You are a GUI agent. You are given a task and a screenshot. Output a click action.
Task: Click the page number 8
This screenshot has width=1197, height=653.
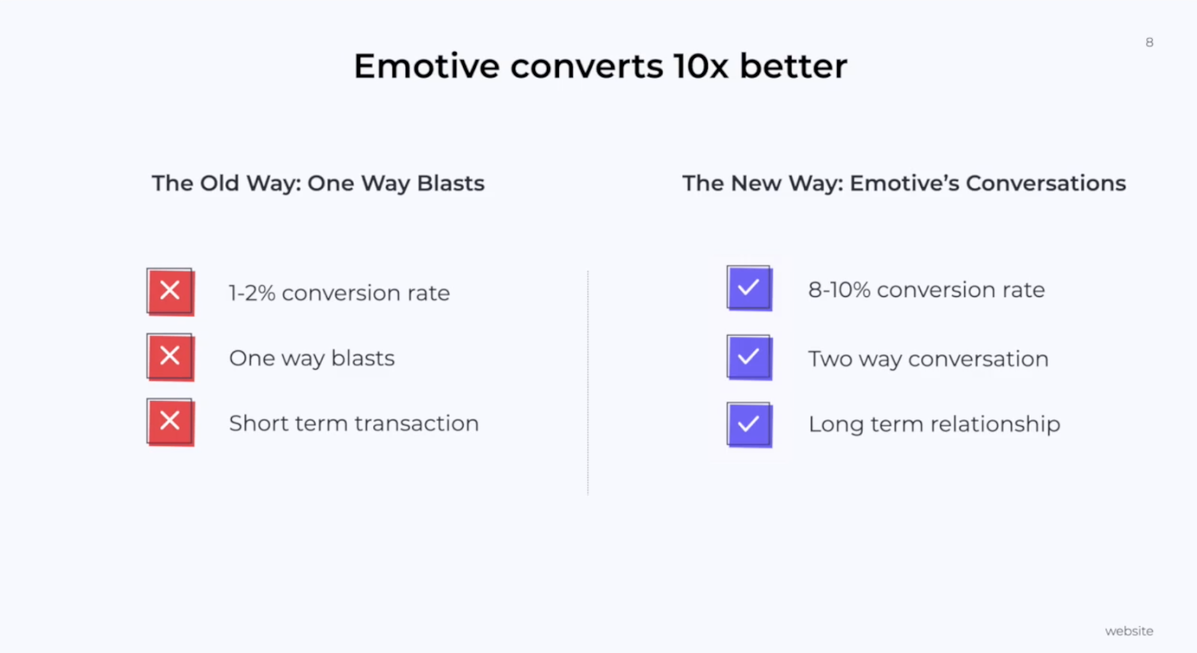click(1149, 42)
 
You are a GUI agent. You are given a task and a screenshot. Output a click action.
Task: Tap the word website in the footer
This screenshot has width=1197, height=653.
click(1129, 631)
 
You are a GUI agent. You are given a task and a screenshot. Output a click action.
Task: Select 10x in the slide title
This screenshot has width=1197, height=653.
click(700, 67)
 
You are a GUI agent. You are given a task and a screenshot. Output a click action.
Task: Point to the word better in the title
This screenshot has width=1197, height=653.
click(794, 67)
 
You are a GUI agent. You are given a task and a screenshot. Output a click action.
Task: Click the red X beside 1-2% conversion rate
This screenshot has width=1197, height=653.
click(171, 292)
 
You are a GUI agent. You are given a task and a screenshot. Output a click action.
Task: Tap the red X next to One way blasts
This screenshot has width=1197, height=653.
click(171, 357)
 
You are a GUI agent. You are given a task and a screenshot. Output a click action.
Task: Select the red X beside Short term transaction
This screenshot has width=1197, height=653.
click(171, 422)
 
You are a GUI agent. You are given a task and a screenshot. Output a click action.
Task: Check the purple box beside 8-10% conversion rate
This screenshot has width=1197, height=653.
click(749, 288)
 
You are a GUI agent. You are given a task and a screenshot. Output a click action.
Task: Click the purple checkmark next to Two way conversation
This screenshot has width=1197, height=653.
click(749, 357)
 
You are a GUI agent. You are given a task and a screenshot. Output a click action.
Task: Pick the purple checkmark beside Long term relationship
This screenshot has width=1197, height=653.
click(749, 425)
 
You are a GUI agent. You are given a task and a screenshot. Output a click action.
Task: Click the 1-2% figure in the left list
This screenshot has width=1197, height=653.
click(252, 292)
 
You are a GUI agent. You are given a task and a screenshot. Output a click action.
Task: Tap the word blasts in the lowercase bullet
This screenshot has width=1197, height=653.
click(363, 358)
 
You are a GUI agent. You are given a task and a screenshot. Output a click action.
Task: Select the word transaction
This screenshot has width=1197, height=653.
click(417, 423)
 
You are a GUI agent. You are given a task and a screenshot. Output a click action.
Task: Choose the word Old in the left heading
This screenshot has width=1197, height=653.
click(220, 183)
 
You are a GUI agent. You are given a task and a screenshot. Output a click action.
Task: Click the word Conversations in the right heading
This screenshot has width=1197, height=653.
click(1046, 183)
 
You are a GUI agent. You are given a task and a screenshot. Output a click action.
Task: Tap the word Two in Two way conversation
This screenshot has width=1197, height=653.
click(830, 359)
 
